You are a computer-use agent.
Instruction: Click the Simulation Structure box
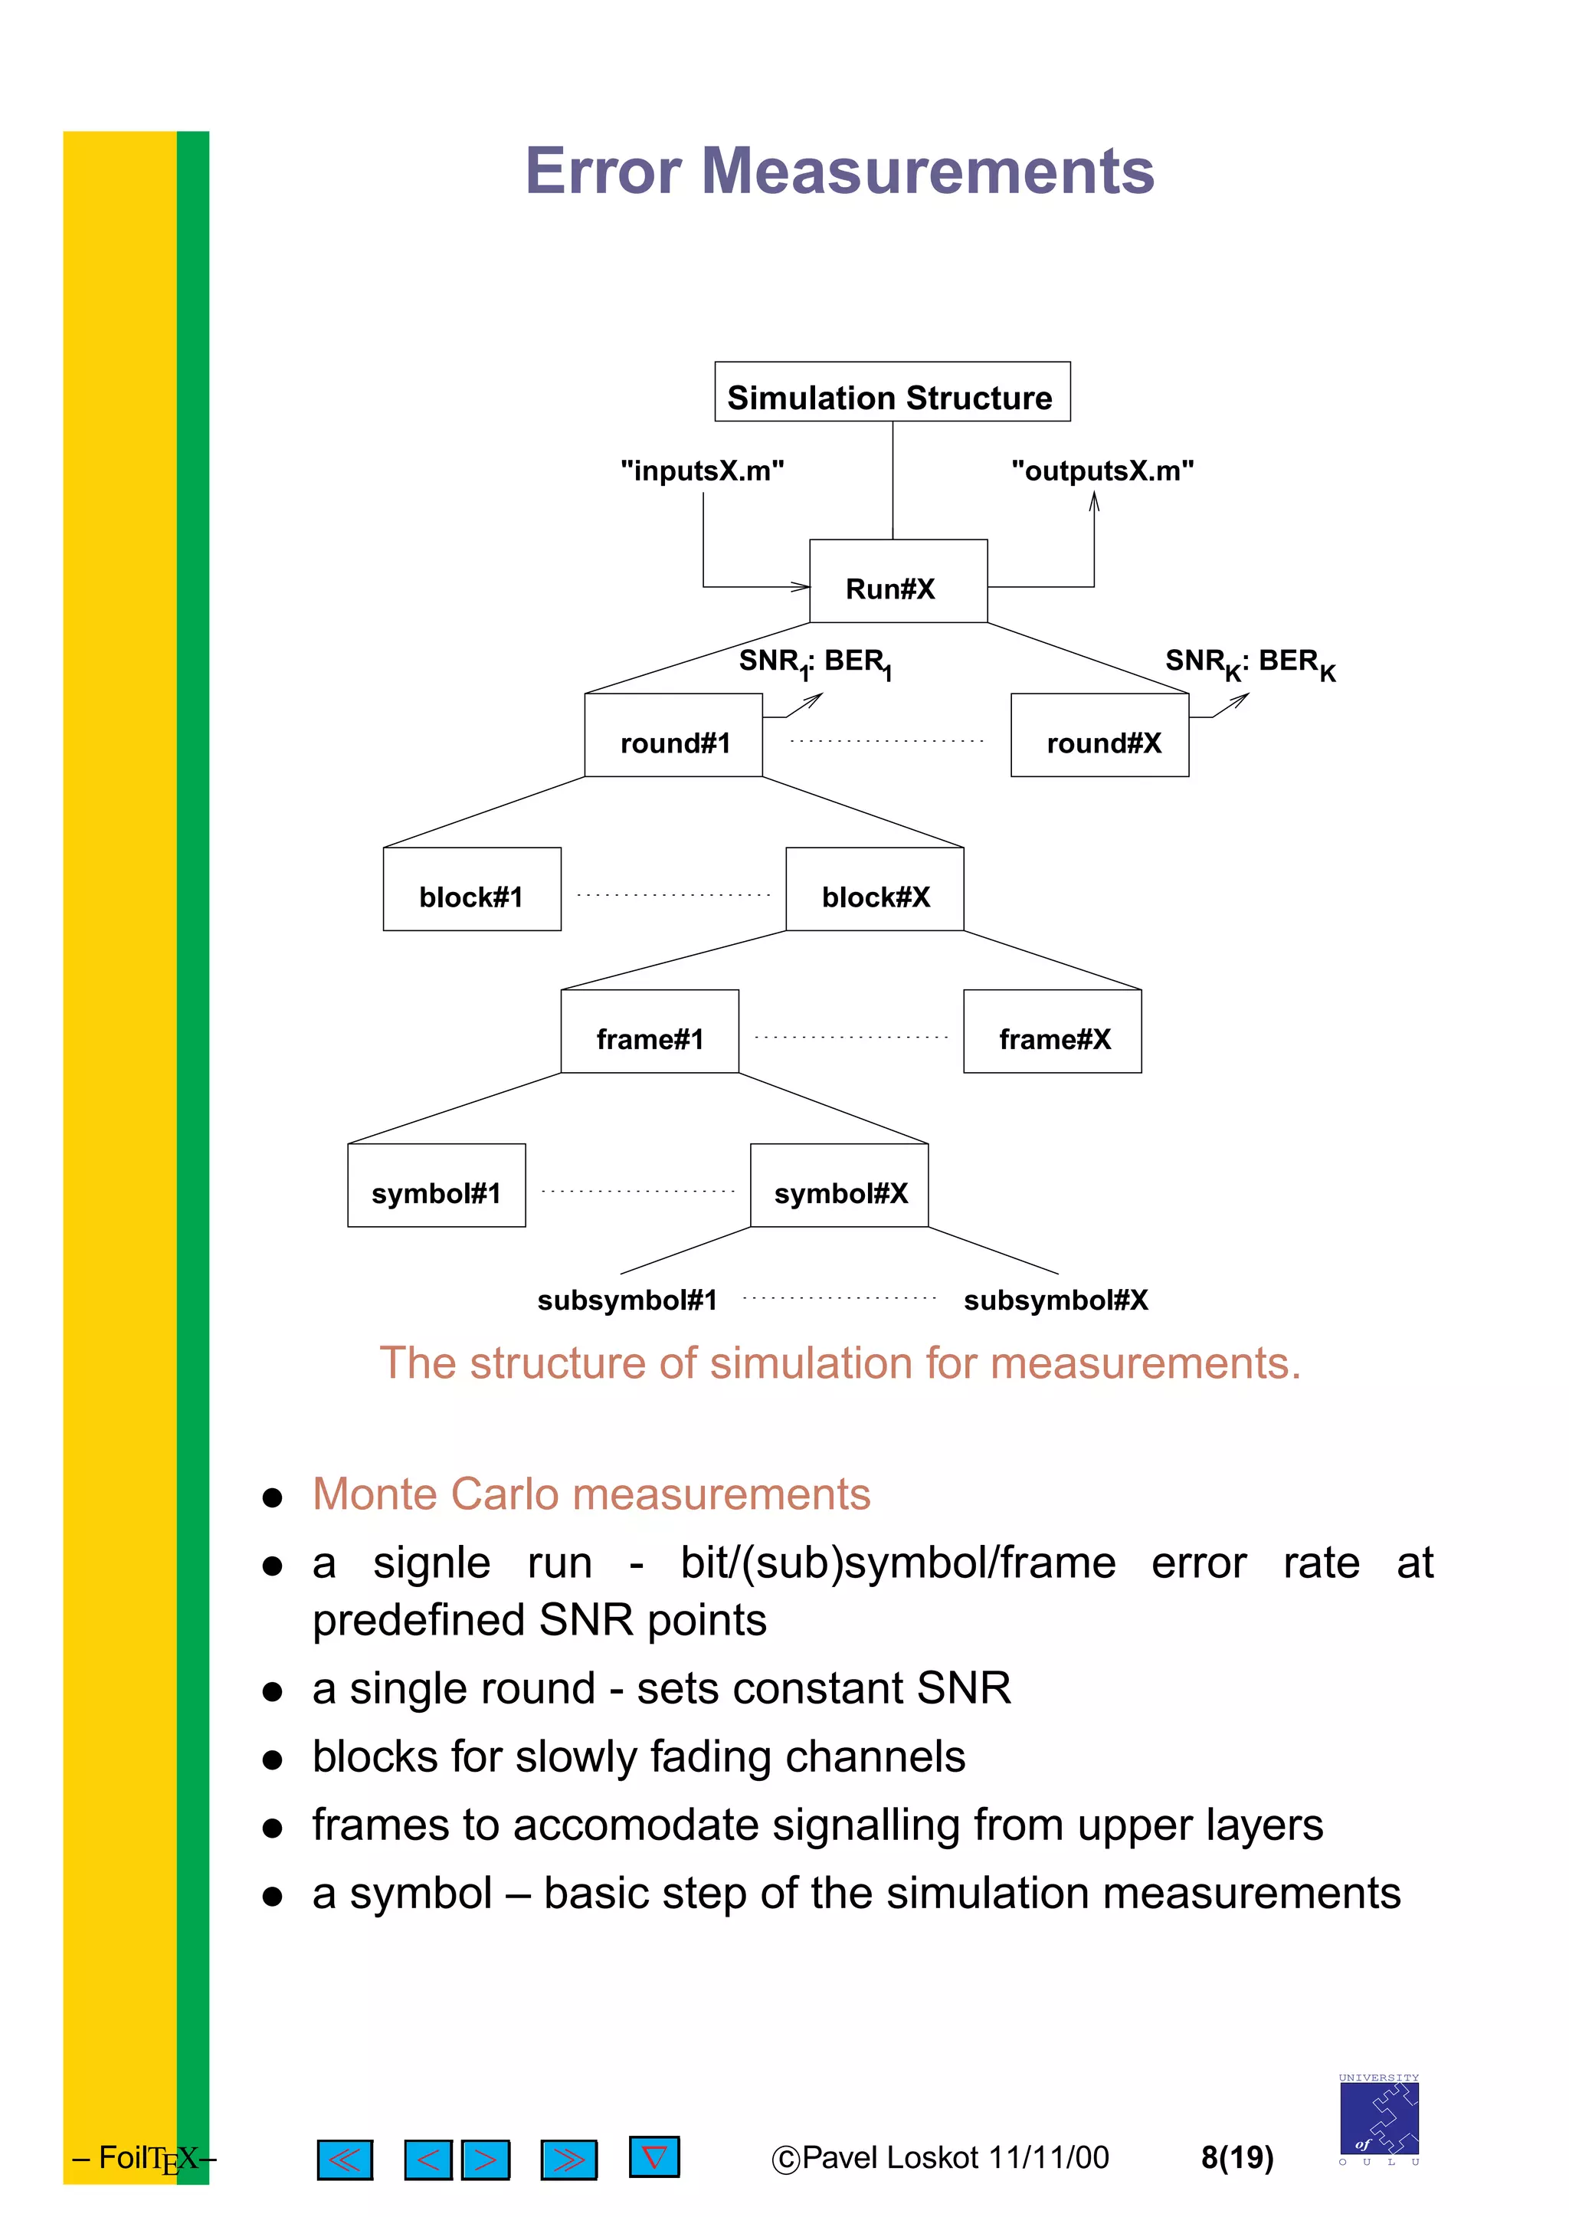click(x=892, y=392)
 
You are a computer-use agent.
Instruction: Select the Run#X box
click(x=898, y=581)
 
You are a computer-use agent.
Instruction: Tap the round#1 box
click(x=673, y=736)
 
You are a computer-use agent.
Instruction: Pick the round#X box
click(x=1099, y=736)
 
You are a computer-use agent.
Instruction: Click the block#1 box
click(x=471, y=889)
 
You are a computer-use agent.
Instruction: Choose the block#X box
click(x=874, y=889)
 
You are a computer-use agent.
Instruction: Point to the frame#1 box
click(x=649, y=1031)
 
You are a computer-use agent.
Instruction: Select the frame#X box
click(x=1052, y=1031)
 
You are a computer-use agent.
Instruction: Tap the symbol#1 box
click(x=436, y=1186)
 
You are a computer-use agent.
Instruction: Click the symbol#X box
click(x=839, y=1186)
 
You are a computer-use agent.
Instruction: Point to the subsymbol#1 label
click(x=627, y=1300)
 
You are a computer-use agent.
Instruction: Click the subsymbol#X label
click(x=1056, y=1300)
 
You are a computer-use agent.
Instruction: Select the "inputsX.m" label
click(x=703, y=471)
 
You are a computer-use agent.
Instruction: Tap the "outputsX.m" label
click(x=1102, y=471)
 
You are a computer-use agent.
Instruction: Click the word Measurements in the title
click(x=928, y=171)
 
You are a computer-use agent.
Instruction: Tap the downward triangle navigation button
click(x=654, y=2156)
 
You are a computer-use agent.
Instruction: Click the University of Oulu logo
click(x=1379, y=2120)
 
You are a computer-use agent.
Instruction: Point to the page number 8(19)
click(x=1237, y=2157)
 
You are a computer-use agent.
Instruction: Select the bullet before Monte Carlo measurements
click(x=274, y=1498)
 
